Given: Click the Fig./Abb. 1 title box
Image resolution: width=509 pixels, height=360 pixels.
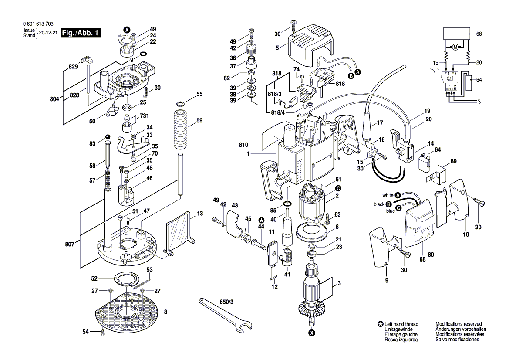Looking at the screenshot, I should pyautogui.click(x=81, y=33).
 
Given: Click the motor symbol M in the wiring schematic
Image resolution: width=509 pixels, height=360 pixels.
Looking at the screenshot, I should pyautogui.click(x=455, y=47).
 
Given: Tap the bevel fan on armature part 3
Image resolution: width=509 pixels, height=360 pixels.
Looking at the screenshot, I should pyautogui.click(x=312, y=309).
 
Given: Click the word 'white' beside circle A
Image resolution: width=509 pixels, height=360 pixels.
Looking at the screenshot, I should pyautogui.click(x=388, y=195).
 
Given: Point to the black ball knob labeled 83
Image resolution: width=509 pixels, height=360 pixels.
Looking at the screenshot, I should pyautogui.click(x=108, y=138).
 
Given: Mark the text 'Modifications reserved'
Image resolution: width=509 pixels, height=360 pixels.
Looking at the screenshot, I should pyautogui.click(x=458, y=324).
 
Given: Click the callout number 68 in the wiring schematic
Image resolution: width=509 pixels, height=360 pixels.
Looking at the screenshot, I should pyautogui.click(x=479, y=34).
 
